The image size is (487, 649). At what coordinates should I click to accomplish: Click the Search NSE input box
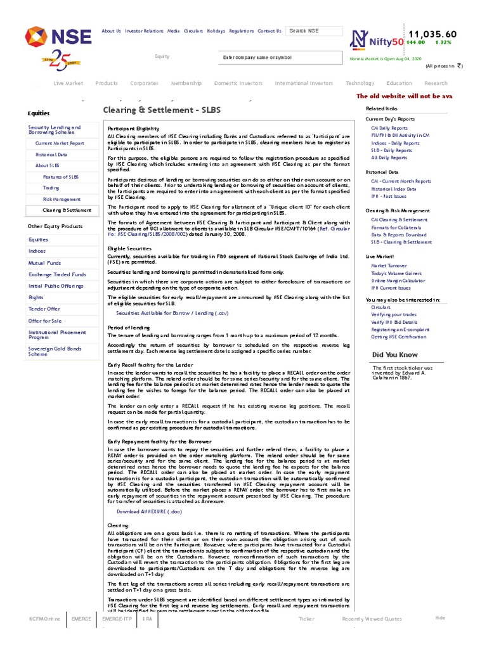pyautogui.click(x=314, y=31)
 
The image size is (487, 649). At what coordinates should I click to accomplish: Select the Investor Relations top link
pyautogui.click(x=144, y=31)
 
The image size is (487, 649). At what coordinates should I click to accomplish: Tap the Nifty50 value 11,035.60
pyautogui.click(x=432, y=34)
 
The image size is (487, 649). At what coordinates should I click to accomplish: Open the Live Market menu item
pyautogui.click(x=68, y=83)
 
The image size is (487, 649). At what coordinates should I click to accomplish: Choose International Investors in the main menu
pyautogui.click(x=304, y=83)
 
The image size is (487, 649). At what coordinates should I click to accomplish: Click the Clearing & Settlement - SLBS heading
pyautogui.click(x=162, y=110)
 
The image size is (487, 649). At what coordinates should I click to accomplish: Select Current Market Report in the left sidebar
pyautogui.click(x=60, y=143)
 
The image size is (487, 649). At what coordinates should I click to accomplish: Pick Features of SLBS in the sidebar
pyautogui.click(x=61, y=177)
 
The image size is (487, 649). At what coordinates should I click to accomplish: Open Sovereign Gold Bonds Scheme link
pyautogui.click(x=55, y=351)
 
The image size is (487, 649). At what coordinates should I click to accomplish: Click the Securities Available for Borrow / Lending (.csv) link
pyautogui.click(x=172, y=313)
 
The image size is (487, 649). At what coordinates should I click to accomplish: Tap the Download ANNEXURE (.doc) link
pyautogui.click(x=148, y=511)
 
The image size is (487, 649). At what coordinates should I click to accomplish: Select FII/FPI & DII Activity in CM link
pyautogui.click(x=400, y=135)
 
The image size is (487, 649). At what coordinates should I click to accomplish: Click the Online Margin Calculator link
pyautogui.click(x=398, y=280)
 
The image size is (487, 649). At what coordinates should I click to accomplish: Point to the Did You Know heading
pyautogui.click(x=395, y=354)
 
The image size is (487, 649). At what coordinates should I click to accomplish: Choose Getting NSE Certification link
pyautogui.click(x=399, y=337)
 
